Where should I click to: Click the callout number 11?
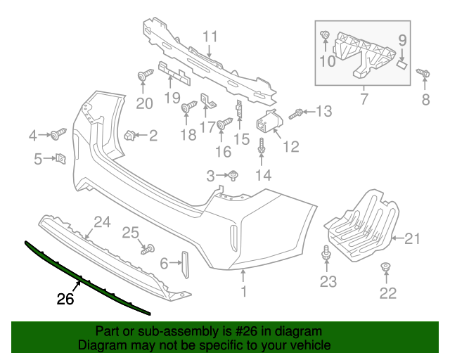pyautogui.click(x=211, y=36)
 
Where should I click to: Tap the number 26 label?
pyautogui.click(x=65, y=298)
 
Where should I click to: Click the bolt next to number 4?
pyautogui.click(x=58, y=133)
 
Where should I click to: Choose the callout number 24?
pyautogui.click(x=103, y=223)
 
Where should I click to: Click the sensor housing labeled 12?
pyautogui.click(x=269, y=122)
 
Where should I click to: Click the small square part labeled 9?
pyautogui.click(x=402, y=62)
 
